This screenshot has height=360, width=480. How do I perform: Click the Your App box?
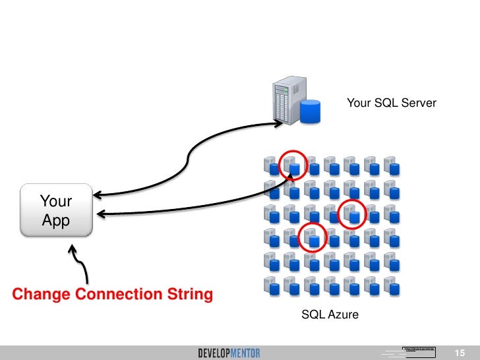pyautogui.click(x=56, y=211)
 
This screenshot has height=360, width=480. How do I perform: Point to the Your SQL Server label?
pyautogui.click(x=391, y=103)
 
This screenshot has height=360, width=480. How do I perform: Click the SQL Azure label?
pyautogui.click(x=330, y=315)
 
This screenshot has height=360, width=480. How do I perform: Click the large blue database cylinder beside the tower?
pyautogui.click(x=309, y=111)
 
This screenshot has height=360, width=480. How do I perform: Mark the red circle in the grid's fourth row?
pyautogui.click(x=313, y=237)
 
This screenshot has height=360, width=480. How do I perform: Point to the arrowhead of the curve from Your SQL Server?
pyautogui.click(x=96, y=195)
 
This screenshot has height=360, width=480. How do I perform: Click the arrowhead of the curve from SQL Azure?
pyautogui.click(x=102, y=213)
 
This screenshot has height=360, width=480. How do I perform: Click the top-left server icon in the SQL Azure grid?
pyautogui.click(x=270, y=164)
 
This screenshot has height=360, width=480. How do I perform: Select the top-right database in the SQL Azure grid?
pyautogui.click(x=394, y=169)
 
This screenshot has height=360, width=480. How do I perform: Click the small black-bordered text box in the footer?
pyautogui.click(x=419, y=348)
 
